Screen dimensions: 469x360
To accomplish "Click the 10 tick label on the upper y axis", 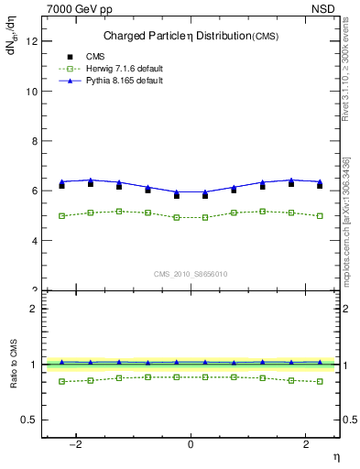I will tap(34, 92).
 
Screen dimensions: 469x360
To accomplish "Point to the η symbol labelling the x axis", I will tap(335, 456).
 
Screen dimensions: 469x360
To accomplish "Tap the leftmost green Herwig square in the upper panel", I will tap(62, 216).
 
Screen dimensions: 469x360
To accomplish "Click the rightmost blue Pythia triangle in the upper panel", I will tap(320, 181).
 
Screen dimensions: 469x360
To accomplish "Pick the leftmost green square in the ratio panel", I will tap(62, 381).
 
